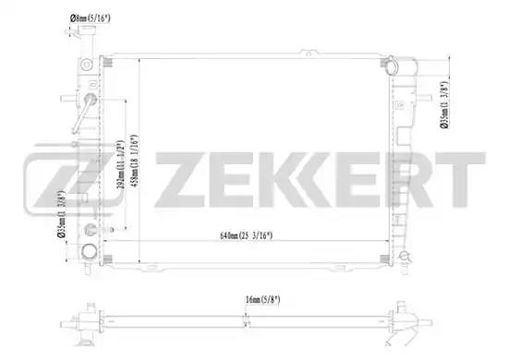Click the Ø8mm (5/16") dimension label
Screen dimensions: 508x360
pyautogui.click(x=91, y=18)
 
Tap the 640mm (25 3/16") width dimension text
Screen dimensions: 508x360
pyautogui.click(x=247, y=235)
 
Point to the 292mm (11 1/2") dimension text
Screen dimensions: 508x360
pyautogui.click(x=120, y=164)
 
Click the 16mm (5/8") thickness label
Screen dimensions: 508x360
pyautogui.click(x=262, y=300)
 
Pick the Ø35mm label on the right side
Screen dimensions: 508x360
pyautogui.click(x=444, y=105)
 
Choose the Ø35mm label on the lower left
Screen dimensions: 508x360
pyautogui.click(x=62, y=213)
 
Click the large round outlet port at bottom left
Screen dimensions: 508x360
pyautogui.click(x=90, y=252)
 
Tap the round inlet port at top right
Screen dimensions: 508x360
pyautogui.click(x=393, y=66)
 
